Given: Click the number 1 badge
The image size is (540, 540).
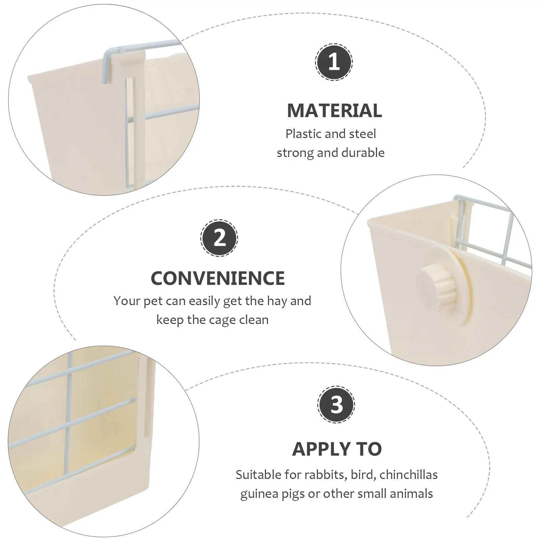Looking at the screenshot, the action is pyautogui.click(x=334, y=62).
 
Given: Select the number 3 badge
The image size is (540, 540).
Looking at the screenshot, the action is pyautogui.click(x=336, y=404).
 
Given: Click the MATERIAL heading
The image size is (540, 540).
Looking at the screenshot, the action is pyautogui.click(x=334, y=110).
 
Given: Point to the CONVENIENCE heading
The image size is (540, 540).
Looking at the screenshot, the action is pyautogui.click(x=218, y=278).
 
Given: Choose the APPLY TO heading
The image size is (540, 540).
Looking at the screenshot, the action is pyautogui.click(x=337, y=449).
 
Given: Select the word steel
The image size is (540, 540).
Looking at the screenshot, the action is pyautogui.click(x=362, y=134).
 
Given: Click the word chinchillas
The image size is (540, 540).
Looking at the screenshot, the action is pyautogui.click(x=408, y=475).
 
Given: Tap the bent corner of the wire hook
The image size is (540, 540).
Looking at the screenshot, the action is pyautogui.click(x=107, y=51).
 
